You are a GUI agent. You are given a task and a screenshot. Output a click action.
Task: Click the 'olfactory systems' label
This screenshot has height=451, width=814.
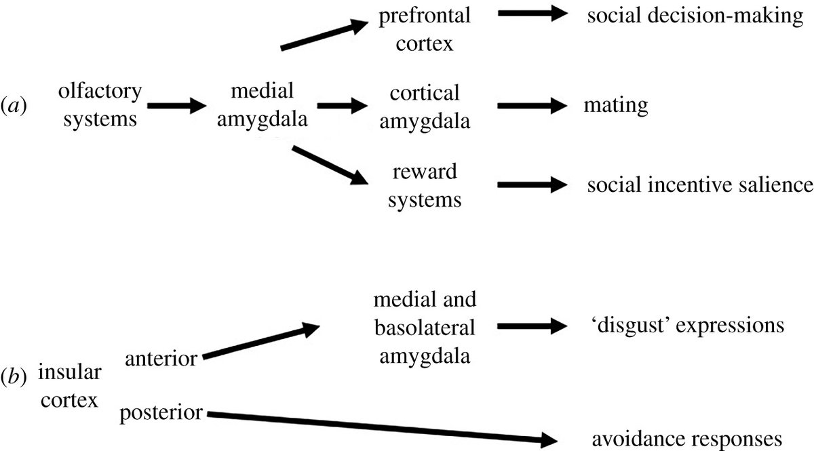(x=100, y=105)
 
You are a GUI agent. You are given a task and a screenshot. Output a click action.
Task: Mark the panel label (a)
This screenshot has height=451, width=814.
(x=15, y=106)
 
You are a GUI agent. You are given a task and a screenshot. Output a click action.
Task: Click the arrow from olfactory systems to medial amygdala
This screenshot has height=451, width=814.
(x=176, y=106)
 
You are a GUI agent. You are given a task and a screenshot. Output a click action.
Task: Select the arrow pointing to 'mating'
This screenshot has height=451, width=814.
(x=531, y=106)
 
